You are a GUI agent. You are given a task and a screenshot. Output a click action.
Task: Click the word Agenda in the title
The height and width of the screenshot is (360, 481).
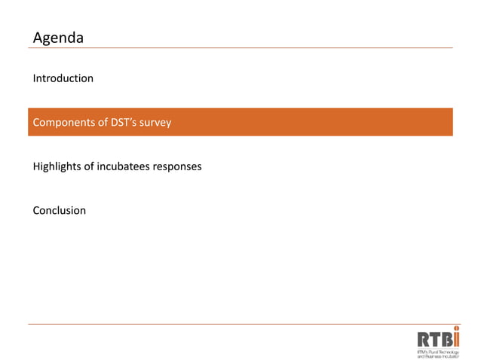pyautogui.click(x=58, y=38)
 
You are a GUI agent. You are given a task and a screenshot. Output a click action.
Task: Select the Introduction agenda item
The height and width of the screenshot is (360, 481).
pyautogui.click(x=63, y=78)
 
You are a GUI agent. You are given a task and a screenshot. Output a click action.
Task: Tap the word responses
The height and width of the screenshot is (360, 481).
pyautogui.click(x=177, y=166)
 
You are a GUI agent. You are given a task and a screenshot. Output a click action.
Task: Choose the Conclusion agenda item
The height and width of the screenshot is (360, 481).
pyautogui.click(x=60, y=211)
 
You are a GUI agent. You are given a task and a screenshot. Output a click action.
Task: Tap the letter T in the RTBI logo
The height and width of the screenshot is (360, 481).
pyautogui.click(x=435, y=340)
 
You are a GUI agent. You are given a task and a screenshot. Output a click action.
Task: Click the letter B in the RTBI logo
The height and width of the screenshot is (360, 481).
pyautogui.click(x=446, y=340)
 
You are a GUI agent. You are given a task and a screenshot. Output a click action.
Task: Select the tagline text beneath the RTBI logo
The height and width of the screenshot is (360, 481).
pyautogui.click(x=438, y=353)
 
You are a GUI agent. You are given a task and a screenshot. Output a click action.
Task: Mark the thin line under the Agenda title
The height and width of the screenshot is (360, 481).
pyautogui.click(x=241, y=48)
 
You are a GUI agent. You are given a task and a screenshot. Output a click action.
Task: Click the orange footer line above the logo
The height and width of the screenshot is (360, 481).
pyautogui.click(x=241, y=325)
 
